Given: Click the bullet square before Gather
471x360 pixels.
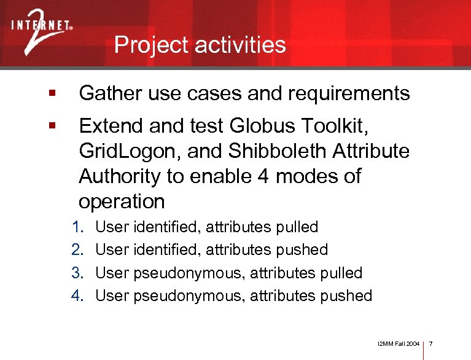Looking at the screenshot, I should coord(53,94).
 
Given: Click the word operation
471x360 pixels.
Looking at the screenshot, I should coord(122,202).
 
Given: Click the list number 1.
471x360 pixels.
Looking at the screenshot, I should coord(77,227).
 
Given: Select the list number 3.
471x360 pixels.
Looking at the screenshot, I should coord(77,273).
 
